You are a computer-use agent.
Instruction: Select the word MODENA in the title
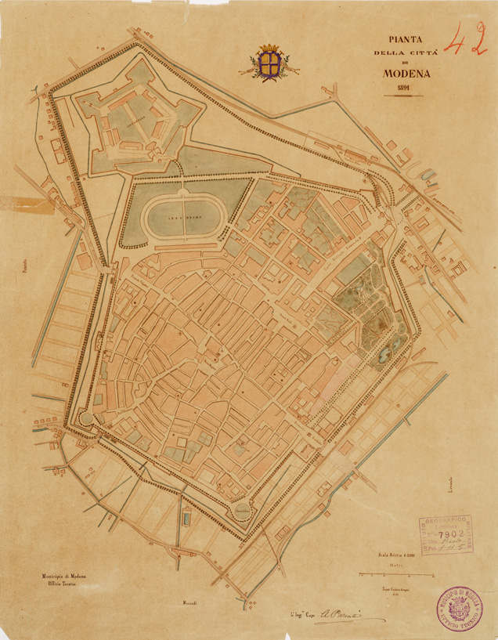[x=404, y=74]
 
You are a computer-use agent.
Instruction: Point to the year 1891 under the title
[x=404, y=89]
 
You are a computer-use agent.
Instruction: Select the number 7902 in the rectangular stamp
[x=452, y=533]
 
